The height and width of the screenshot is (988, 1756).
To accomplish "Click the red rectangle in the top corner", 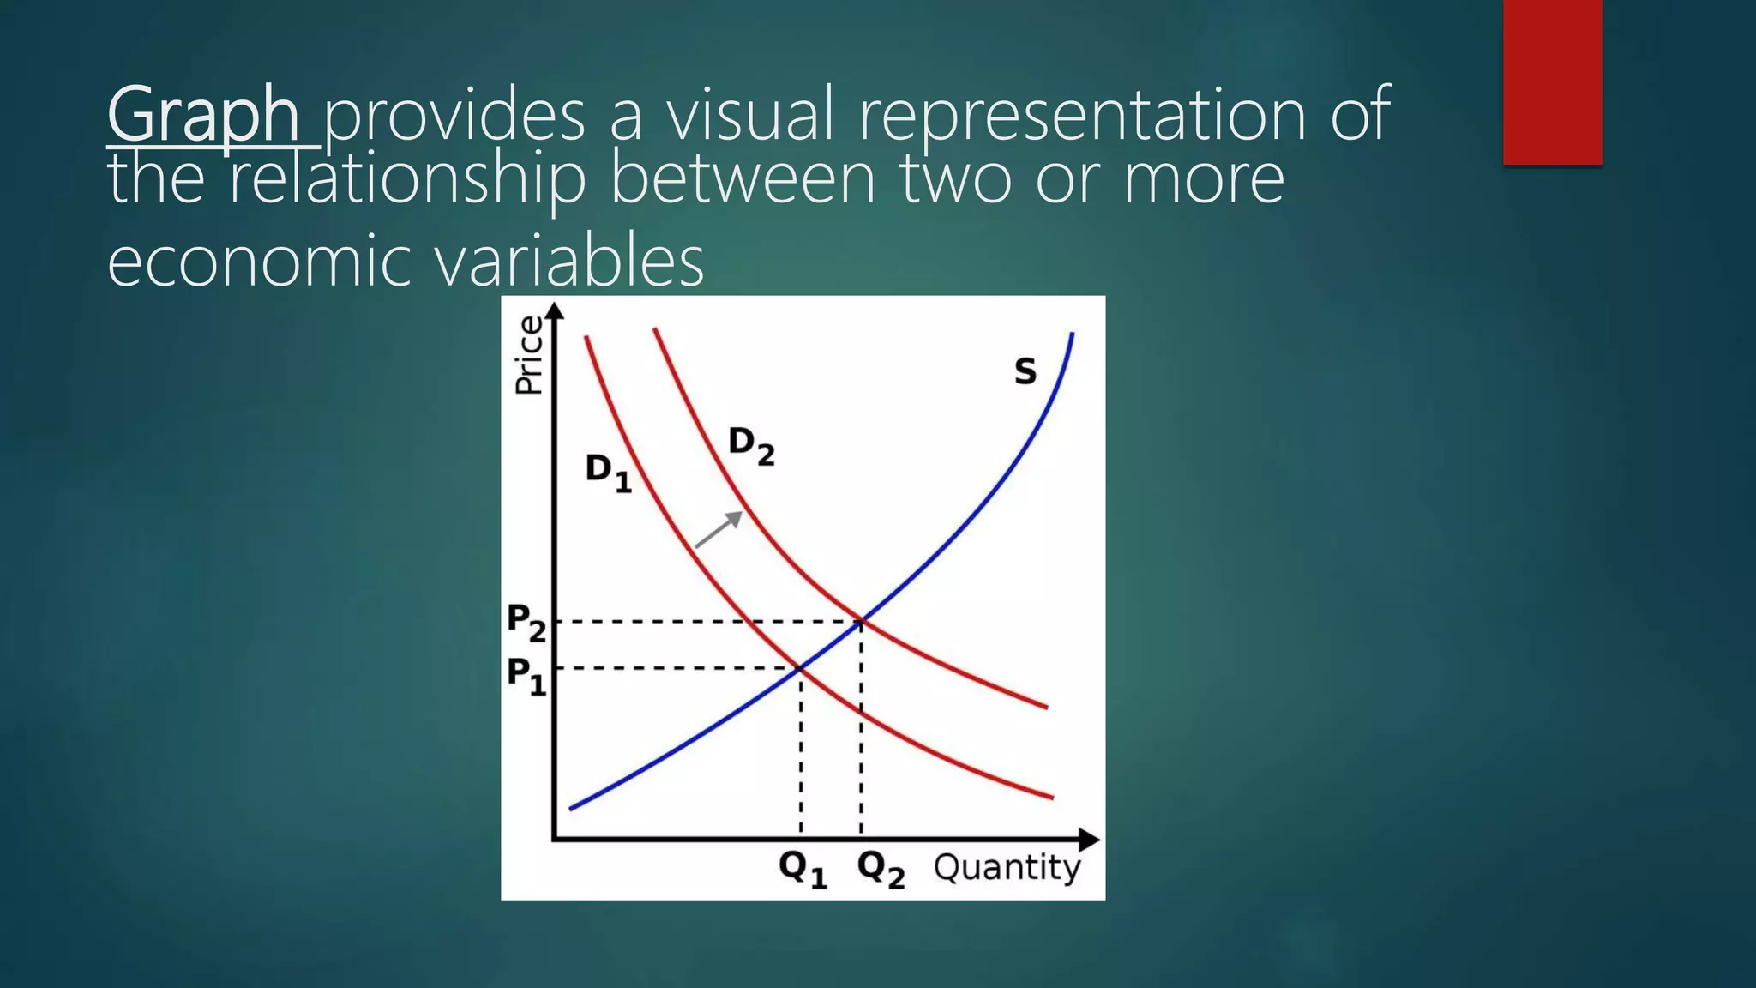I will pos(1552,81).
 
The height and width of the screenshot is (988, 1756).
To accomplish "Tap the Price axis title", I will pos(528,354).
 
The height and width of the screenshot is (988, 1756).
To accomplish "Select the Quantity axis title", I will pos(1007,867).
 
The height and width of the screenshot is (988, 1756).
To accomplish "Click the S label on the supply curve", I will pos(1025,371).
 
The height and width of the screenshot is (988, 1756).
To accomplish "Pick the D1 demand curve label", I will pos(608,472).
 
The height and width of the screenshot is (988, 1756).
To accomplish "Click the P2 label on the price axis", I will pos(526,622).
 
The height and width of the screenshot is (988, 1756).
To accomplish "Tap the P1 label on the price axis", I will pos(526,675).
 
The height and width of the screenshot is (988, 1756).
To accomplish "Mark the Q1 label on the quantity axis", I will pos(803,870).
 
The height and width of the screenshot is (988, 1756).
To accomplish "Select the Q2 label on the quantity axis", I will pos(881,870).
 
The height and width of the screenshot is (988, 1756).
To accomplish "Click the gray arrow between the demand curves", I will pos(719,528).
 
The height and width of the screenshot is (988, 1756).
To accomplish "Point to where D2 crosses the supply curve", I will pos(861,621).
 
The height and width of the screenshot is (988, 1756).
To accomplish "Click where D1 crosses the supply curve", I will pos(800,667).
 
